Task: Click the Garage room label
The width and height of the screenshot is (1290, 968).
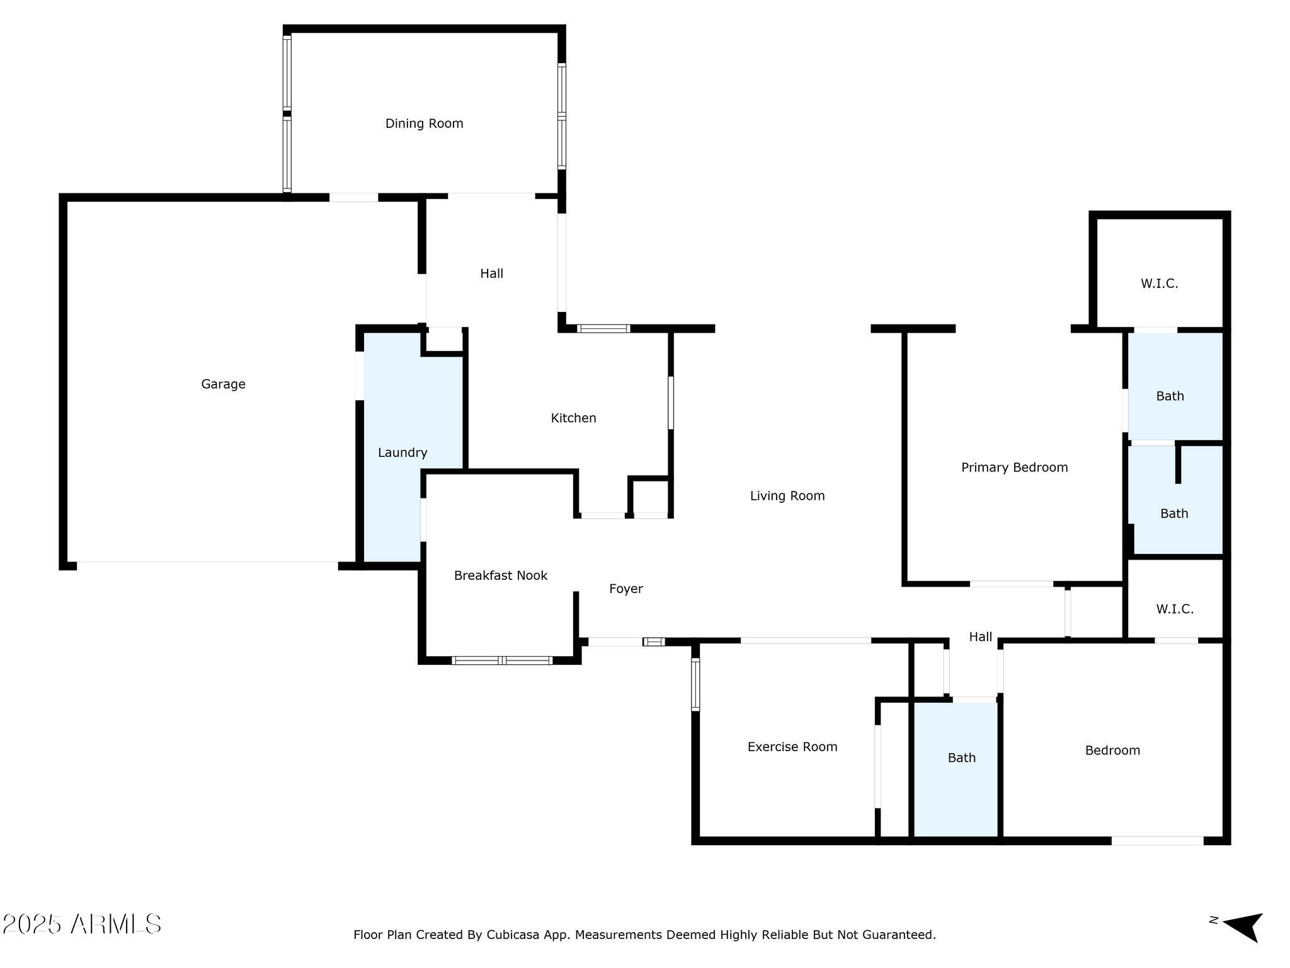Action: pyautogui.click(x=223, y=384)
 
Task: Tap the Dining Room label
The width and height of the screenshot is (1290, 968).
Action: pyautogui.click(x=424, y=124)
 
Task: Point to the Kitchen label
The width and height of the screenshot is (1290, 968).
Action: pyautogui.click(x=573, y=418)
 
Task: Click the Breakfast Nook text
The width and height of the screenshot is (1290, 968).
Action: pyautogui.click(x=500, y=575)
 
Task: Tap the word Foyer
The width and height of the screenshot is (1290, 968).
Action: pyautogui.click(x=625, y=589)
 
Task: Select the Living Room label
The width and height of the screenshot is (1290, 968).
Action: pyautogui.click(x=787, y=496)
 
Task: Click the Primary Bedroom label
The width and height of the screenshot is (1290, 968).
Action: pyautogui.click(x=1014, y=468)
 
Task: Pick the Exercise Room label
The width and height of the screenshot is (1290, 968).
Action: pyautogui.click(x=792, y=747)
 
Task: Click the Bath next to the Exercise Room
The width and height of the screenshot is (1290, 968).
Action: pyautogui.click(x=961, y=758)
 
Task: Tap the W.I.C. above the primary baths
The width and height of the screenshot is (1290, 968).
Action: pyautogui.click(x=1159, y=284)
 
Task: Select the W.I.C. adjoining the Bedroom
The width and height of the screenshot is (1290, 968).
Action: pyautogui.click(x=1175, y=609)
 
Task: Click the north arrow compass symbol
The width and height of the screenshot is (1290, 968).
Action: pyautogui.click(x=1243, y=926)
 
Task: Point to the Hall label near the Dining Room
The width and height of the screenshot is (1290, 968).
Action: pyautogui.click(x=491, y=274)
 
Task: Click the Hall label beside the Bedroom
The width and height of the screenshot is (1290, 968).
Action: pyautogui.click(x=980, y=637)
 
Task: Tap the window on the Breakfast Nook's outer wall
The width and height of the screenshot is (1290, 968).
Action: pyautogui.click(x=502, y=660)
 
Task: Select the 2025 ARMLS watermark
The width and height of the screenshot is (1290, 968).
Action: pyautogui.click(x=82, y=925)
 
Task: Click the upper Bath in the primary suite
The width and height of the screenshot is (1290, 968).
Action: pyautogui.click(x=1170, y=396)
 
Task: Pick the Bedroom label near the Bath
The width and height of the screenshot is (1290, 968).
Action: pyautogui.click(x=1112, y=751)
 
